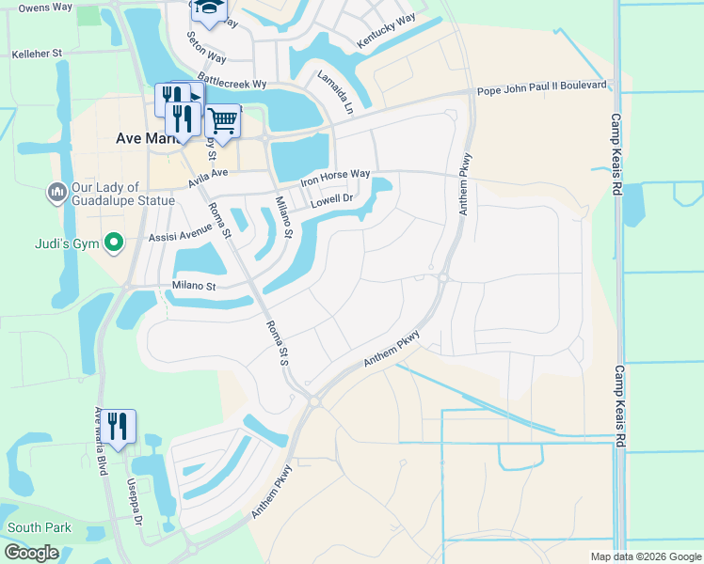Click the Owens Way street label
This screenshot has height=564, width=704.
click(x=45, y=8)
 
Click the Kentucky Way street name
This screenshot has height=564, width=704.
click(x=386, y=32)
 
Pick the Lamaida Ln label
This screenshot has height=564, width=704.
click(x=335, y=92)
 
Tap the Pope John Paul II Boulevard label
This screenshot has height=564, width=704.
click(x=542, y=85)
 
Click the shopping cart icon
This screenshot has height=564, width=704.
click(x=222, y=120)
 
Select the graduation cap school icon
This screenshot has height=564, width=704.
click(x=208, y=8)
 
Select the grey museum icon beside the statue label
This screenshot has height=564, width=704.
click(x=56, y=193)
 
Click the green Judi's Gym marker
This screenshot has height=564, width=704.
click(x=114, y=243)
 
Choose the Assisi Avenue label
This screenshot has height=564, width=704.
click(x=181, y=232)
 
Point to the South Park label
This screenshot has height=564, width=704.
click(x=40, y=527)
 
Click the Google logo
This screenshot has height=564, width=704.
click(x=30, y=553)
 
